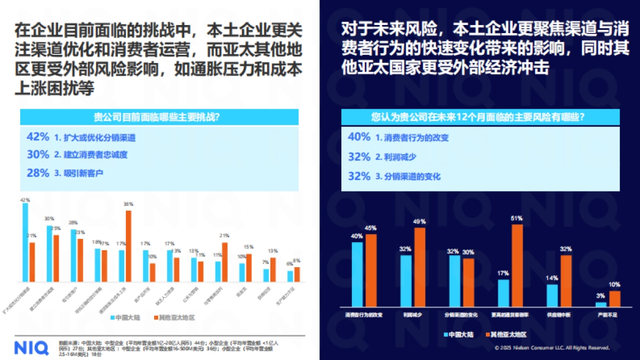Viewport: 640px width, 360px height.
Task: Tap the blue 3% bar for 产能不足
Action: pos(601,305)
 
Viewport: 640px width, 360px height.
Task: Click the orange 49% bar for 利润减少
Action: pos(420,267)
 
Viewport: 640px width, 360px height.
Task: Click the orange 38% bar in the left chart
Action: pos(128,246)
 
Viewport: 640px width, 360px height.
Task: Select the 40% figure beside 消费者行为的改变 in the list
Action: pos(358,137)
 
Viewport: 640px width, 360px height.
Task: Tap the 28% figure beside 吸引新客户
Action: pos(37,173)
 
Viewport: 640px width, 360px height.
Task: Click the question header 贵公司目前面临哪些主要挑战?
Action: pos(159,117)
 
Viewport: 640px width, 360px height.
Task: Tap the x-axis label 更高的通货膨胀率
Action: pos(510,315)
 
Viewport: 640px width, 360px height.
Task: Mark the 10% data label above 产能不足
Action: pos(615,284)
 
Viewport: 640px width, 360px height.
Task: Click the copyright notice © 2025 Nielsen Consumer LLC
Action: pos(551,348)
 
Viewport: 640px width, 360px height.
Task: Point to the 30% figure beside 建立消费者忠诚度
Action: pos(37,155)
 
